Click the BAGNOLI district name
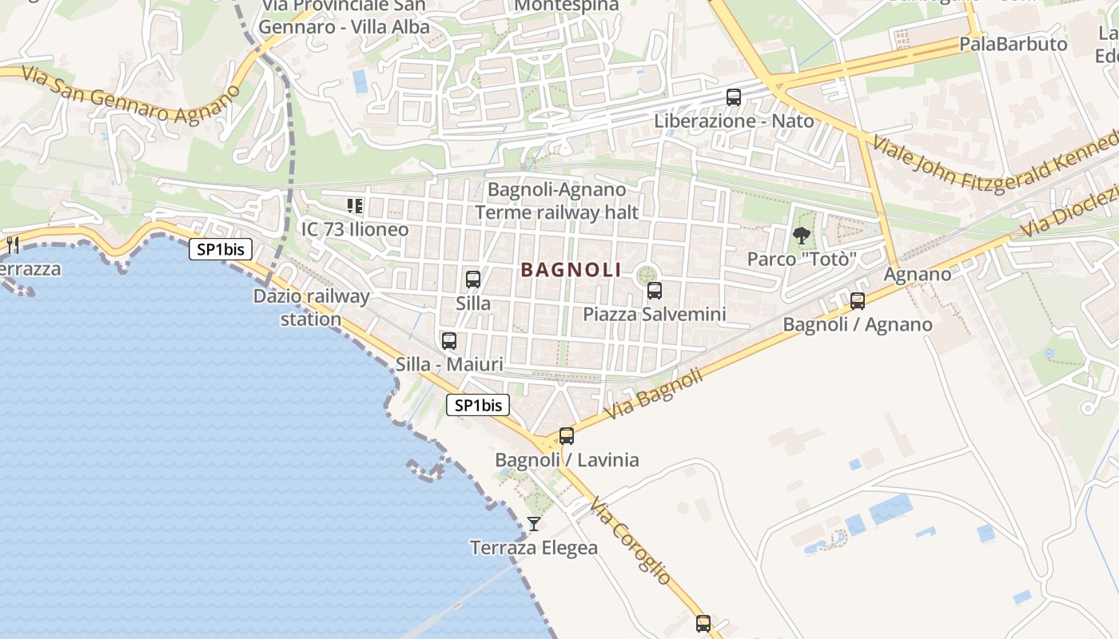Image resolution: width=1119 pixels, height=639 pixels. point(571,270)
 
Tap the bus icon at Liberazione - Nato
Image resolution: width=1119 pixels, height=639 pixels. point(734,97)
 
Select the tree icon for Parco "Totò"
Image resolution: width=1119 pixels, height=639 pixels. point(801,236)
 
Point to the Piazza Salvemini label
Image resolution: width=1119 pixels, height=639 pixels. point(654,314)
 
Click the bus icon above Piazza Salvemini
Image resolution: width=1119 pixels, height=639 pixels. point(655,291)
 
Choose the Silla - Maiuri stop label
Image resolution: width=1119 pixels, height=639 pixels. point(449,364)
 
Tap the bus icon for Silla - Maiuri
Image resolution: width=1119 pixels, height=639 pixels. point(449,341)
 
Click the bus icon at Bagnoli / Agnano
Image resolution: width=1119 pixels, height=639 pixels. point(858,301)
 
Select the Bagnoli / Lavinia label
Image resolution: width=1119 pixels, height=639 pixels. point(567,460)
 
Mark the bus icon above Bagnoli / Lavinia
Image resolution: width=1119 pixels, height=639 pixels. point(567,436)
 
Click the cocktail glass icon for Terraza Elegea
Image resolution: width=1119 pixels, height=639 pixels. point(534,524)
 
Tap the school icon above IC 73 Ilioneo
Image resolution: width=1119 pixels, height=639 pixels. point(355,206)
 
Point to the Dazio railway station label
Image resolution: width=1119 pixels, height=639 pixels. point(311,308)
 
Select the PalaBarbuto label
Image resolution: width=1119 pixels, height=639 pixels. point(1013,44)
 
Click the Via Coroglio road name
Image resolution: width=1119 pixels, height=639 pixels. point(631,540)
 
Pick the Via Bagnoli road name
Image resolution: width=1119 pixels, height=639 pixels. point(653,395)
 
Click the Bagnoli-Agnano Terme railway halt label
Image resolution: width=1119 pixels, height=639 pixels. point(556,200)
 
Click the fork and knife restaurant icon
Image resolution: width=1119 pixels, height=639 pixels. point(12,244)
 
